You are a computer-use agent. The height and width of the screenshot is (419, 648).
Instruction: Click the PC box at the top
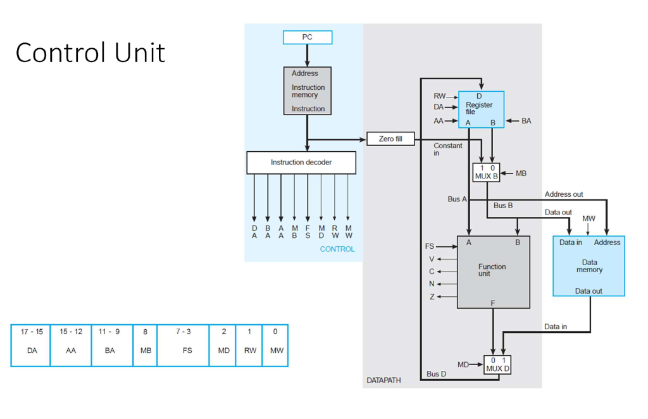click(307, 37)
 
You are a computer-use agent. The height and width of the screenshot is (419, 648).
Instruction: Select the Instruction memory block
click(308, 91)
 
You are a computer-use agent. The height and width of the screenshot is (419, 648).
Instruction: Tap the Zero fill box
click(390, 139)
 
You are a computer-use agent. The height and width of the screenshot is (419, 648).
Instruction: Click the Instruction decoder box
click(301, 163)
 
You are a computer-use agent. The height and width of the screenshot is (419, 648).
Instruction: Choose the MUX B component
click(486, 172)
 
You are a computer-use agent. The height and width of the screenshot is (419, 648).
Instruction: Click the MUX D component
click(498, 365)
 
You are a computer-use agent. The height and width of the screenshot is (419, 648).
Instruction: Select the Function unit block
click(493, 272)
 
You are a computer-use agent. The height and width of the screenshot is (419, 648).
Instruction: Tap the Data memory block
click(589, 266)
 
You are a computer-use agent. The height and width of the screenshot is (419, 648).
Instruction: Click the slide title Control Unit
click(90, 53)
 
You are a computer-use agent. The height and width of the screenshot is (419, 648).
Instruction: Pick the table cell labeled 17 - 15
click(30, 332)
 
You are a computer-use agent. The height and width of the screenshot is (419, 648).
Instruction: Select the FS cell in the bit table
click(187, 350)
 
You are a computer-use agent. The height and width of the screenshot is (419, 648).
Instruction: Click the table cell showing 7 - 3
click(183, 332)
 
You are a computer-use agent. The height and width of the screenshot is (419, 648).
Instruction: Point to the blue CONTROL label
click(337, 249)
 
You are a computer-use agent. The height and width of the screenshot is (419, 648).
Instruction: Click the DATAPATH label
click(383, 380)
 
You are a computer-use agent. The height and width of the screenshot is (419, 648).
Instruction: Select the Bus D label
click(436, 374)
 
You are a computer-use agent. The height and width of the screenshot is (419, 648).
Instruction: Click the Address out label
click(564, 194)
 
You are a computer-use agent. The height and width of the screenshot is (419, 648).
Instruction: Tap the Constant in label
click(447, 149)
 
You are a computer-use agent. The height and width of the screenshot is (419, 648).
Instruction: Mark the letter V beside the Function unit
click(432, 259)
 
